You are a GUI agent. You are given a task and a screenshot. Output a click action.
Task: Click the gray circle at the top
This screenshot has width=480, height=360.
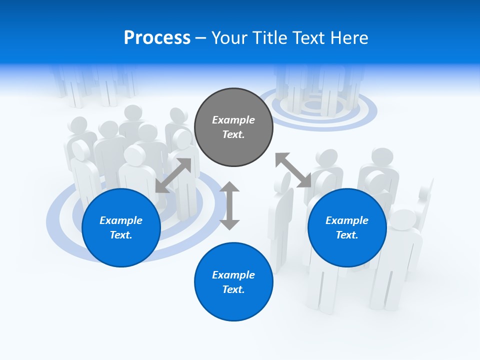pos(233,127)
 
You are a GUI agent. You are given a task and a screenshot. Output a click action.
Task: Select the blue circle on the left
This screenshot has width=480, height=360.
pos(121,227)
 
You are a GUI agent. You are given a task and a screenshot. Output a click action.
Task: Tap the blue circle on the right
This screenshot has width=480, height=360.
pos(347,227)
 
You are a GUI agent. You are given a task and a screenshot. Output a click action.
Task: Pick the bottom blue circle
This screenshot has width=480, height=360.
pos(233,282)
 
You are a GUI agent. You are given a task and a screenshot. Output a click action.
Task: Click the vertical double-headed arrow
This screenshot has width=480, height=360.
pos(229,205)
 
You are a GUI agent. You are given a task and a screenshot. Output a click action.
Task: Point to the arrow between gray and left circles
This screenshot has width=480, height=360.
pos(173,175)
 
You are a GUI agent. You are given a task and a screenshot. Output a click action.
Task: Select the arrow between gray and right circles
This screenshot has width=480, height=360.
pos(293,170)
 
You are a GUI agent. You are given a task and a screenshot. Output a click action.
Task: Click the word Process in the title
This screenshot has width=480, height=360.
pos(157,37)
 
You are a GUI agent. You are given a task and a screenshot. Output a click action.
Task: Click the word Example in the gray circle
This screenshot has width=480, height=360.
pos(233,120)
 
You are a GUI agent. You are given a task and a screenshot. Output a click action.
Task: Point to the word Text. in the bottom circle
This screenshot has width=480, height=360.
pos(233,289)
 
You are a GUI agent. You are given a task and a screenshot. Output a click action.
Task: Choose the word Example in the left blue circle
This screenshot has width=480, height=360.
pos(121,220)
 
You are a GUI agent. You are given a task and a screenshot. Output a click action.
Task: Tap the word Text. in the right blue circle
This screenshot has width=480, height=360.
pos(347,235)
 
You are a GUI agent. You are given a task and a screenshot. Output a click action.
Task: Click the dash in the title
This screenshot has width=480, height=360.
pos(200,38)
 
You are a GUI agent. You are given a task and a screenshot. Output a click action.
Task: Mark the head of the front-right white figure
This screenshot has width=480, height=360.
pos(405,220)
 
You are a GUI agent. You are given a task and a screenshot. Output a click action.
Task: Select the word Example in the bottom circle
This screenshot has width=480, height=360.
pos(233,275)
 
